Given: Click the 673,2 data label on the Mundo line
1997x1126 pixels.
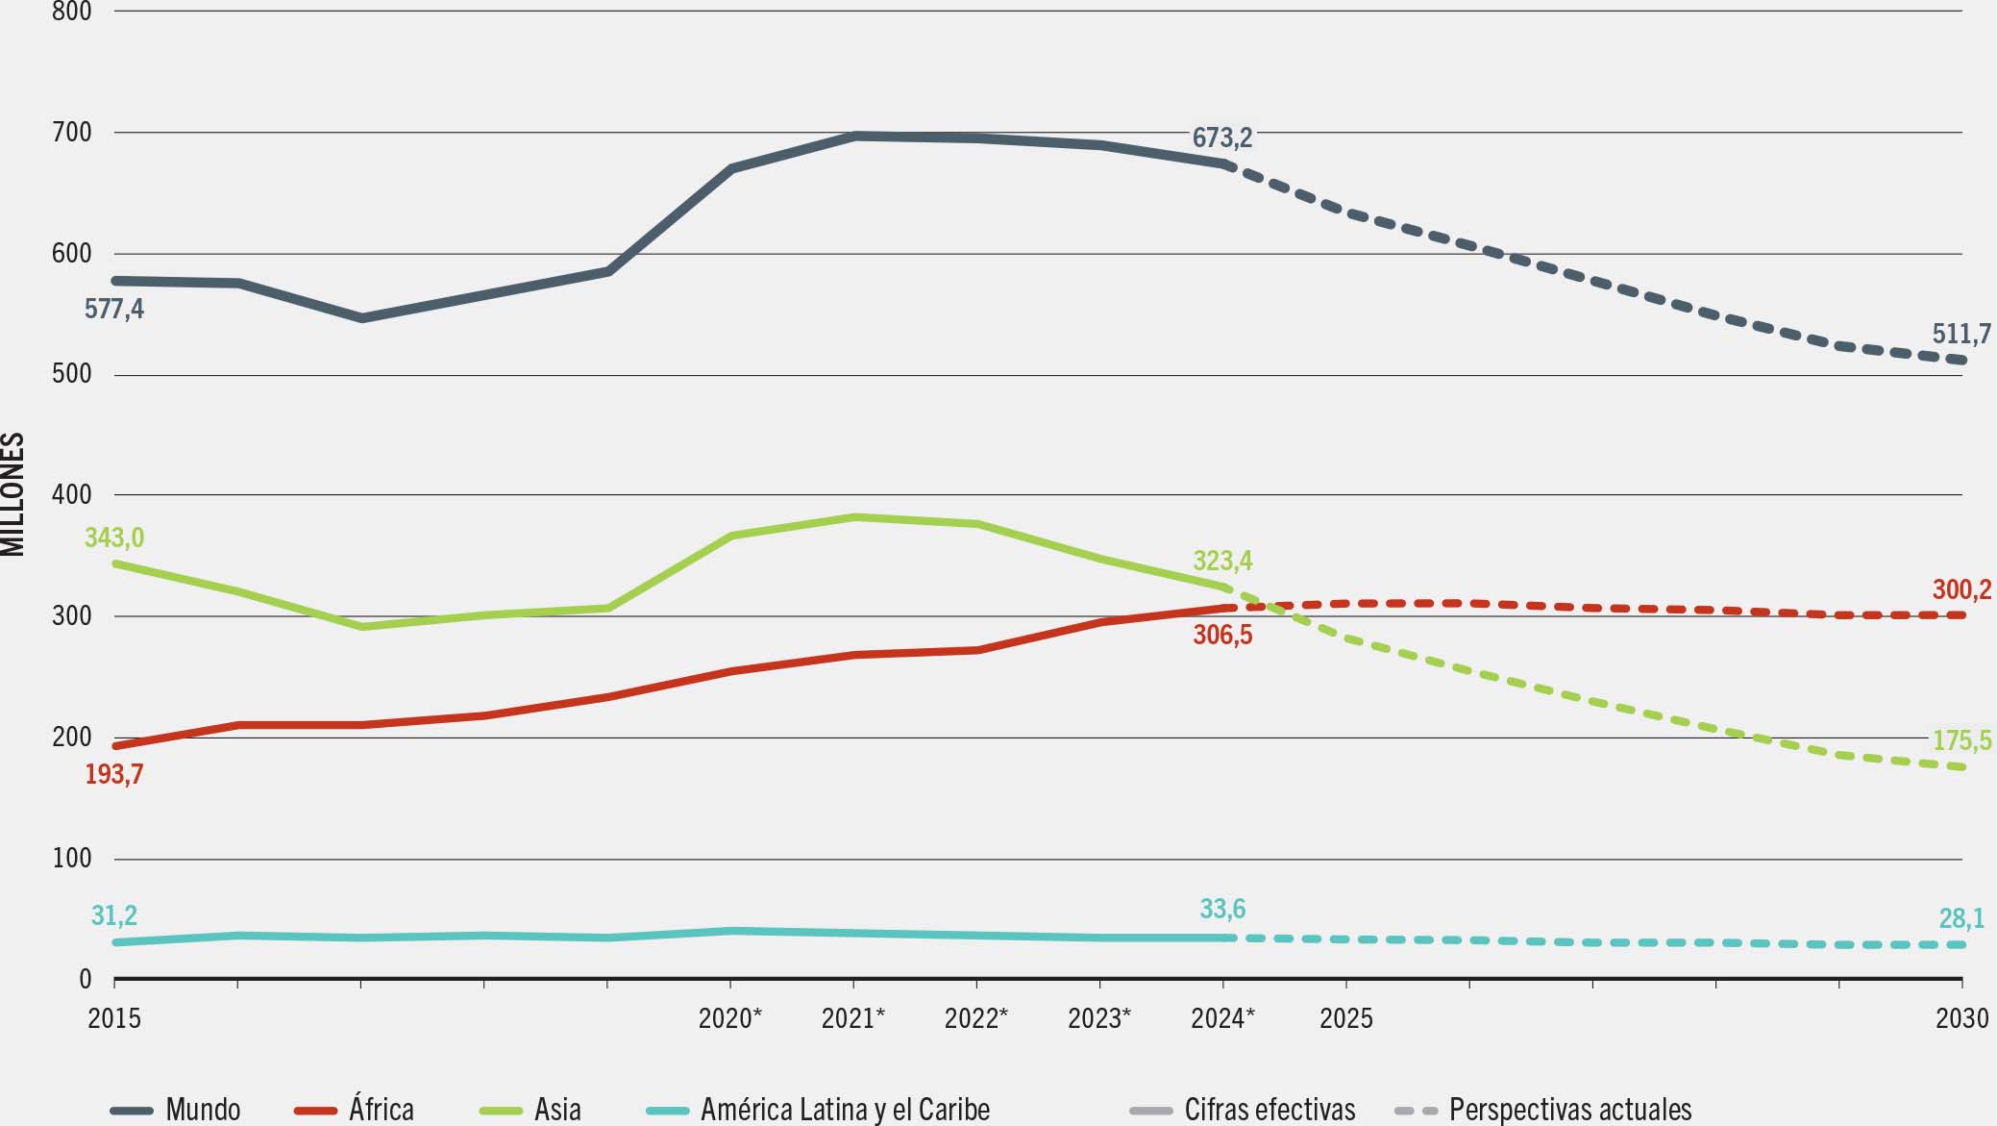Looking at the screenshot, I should pyautogui.click(x=1221, y=138).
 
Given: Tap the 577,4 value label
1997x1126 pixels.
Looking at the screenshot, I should pyautogui.click(x=114, y=309).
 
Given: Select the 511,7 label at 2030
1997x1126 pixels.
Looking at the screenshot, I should pyautogui.click(x=1961, y=334).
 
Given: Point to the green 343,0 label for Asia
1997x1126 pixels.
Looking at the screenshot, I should pyautogui.click(x=114, y=538).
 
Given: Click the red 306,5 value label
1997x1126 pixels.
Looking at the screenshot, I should pyautogui.click(x=1222, y=635).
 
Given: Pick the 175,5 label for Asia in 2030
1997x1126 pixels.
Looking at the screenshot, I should pyautogui.click(x=1961, y=740).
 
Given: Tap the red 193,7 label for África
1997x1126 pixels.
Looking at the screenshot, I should pyautogui.click(x=114, y=774).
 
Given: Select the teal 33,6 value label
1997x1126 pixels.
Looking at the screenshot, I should pyautogui.click(x=1222, y=909).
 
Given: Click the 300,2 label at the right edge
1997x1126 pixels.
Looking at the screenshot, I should pyautogui.click(x=1963, y=588).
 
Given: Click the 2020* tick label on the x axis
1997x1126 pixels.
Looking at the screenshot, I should pyautogui.click(x=730, y=1017).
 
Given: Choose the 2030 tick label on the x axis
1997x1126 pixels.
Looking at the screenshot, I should pyautogui.click(x=1961, y=1017).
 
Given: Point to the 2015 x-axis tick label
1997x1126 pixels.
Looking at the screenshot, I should pyautogui.click(x=114, y=1017).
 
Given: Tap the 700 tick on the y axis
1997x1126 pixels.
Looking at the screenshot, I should pyautogui.click(x=72, y=133).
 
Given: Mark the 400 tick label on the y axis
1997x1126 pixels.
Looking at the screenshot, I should pyautogui.click(x=72, y=495).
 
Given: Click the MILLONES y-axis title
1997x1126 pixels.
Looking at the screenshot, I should pyautogui.click(x=12, y=494).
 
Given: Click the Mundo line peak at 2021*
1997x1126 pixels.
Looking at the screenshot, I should pyautogui.click(x=854, y=137).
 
